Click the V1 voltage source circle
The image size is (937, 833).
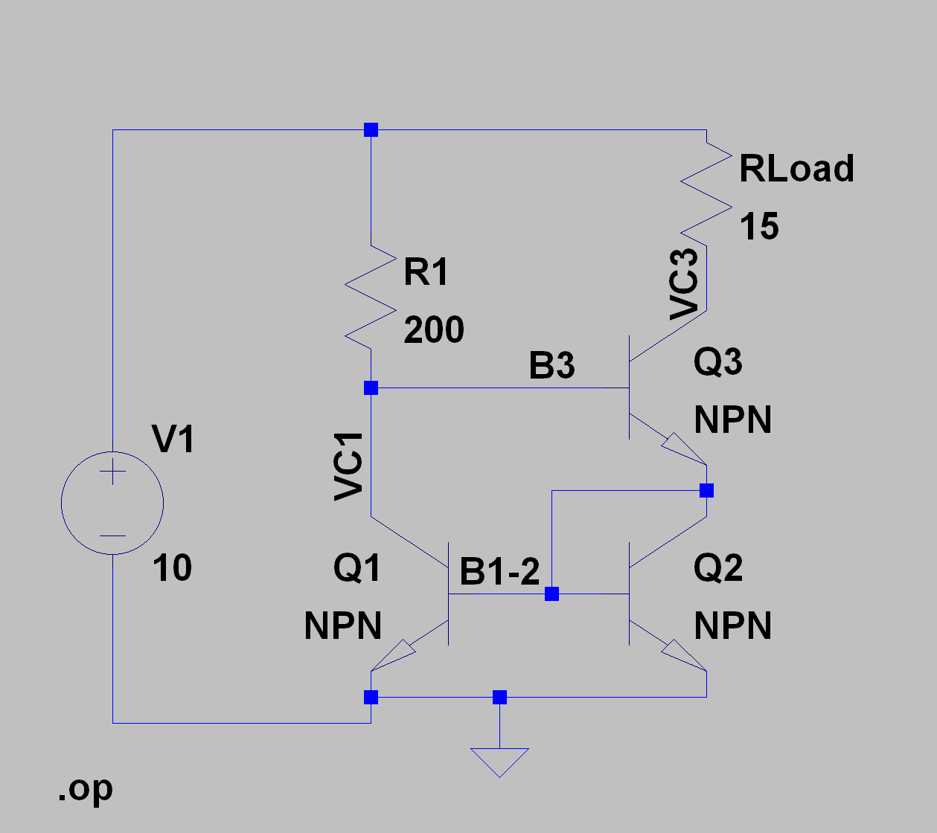click(x=112, y=504)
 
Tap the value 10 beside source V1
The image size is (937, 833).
click(x=172, y=568)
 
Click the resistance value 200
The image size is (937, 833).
click(x=434, y=329)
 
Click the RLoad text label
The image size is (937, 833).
click(x=796, y=169)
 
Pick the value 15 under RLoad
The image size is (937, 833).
click(x=759, y=226)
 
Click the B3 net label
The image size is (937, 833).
click(x=551, y=366)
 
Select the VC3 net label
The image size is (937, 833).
click(x=684, y=284)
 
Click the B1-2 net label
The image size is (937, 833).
click(x=499, y=572)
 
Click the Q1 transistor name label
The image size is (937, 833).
click(x=357, y=568)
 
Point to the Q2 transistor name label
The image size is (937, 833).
click(x=717, y=568)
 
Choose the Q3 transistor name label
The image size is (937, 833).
click(x=717, y=362)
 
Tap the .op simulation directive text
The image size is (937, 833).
click(x=85, y=789)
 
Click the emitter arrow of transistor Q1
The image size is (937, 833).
click(x=393, y=654)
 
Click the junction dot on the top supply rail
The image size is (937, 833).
click(x=371, y=130)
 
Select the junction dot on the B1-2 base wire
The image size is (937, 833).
click(x=551, y=594)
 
